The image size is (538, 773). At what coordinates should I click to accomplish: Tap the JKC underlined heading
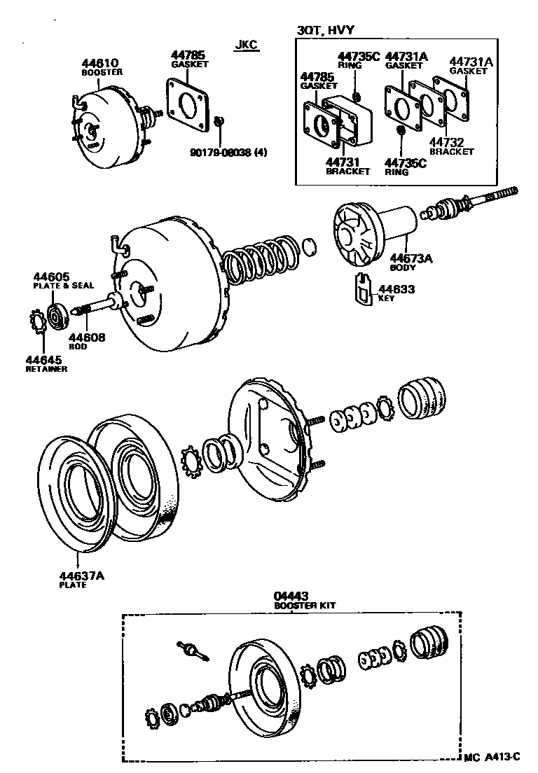pyautogui.click(x=246, y=45)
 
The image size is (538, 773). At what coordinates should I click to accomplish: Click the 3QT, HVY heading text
pyautogui.click(x=325, y=30)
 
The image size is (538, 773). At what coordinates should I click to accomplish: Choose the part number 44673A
pyautogui.click(x=411, y=258)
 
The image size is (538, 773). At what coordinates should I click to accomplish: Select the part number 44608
pyautogui.click(x=87, y=337)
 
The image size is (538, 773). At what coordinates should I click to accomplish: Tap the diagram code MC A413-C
pyautogui.click(x=492, y=756)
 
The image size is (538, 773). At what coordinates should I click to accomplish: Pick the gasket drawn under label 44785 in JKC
pyautogui.click(x=188, y=103)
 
